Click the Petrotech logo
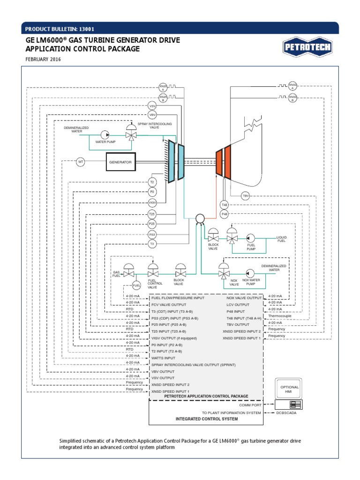click(307, 47)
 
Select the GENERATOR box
click(120, 162)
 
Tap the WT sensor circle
click(81, 162)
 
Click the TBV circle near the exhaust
click(246, 196)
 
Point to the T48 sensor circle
click(225, 205)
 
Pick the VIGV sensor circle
click(152, 202)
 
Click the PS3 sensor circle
click(152, 234)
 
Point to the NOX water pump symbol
click(249, 273)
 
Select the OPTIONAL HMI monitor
click(289, 389)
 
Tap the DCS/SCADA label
click(286, 413)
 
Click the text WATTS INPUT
click(164, 358)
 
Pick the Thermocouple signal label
click(277, 316)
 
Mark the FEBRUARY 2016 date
click(43, 60)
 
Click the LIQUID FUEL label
click(281, 239)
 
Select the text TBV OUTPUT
click(238, 324)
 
